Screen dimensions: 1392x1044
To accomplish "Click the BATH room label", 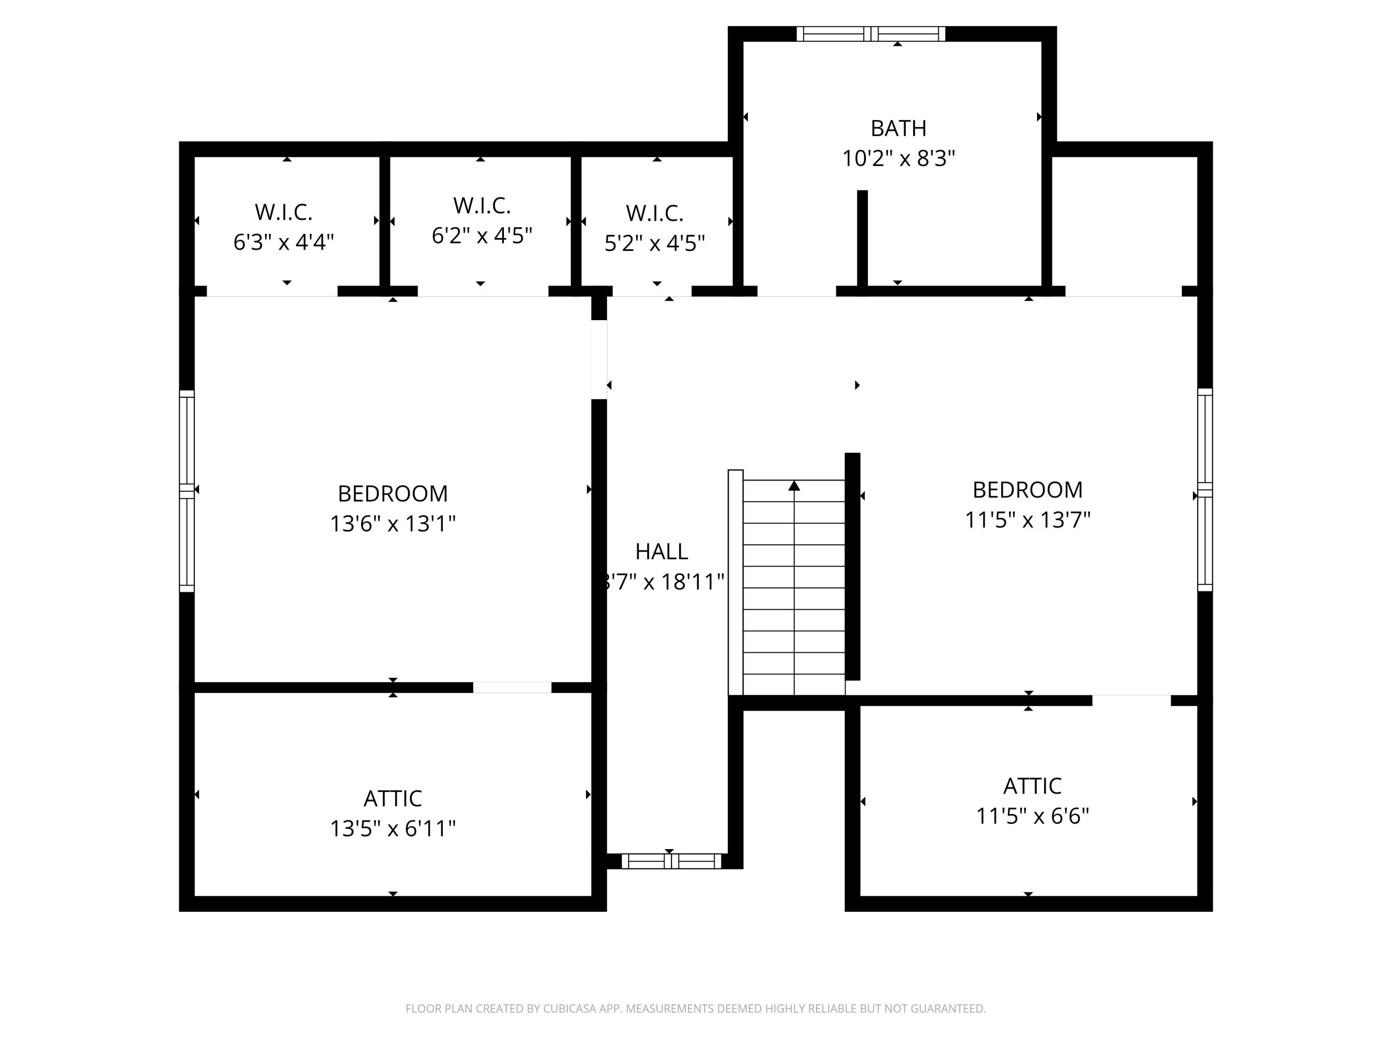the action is tap(898, 129).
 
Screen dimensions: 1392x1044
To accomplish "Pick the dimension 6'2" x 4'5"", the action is tap(482, 235).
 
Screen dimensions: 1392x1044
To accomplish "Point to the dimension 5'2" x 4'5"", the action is tap(654, 243).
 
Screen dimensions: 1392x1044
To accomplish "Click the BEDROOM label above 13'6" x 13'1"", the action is tap(393, 493).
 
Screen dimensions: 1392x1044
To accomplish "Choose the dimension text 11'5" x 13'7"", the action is tap(1028, 520).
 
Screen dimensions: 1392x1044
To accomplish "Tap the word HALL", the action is tap(661, 551).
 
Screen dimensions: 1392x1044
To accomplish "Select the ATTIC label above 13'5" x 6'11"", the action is tap(393, 799).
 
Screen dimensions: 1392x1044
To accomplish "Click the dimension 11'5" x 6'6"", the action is tap(1032, 816).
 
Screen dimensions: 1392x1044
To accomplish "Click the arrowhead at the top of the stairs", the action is tap(794, 486).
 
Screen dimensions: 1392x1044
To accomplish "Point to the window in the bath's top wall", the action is tap(871, 34).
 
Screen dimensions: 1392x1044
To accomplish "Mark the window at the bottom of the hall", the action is tap(671, 862).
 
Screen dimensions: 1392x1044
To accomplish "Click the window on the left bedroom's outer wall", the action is tap(187, 491).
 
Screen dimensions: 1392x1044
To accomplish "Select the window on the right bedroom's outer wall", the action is tap(1205, 490).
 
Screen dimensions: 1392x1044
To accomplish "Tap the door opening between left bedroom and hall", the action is tap(599, 360).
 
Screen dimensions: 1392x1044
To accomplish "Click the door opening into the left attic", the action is tap(512, 688).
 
